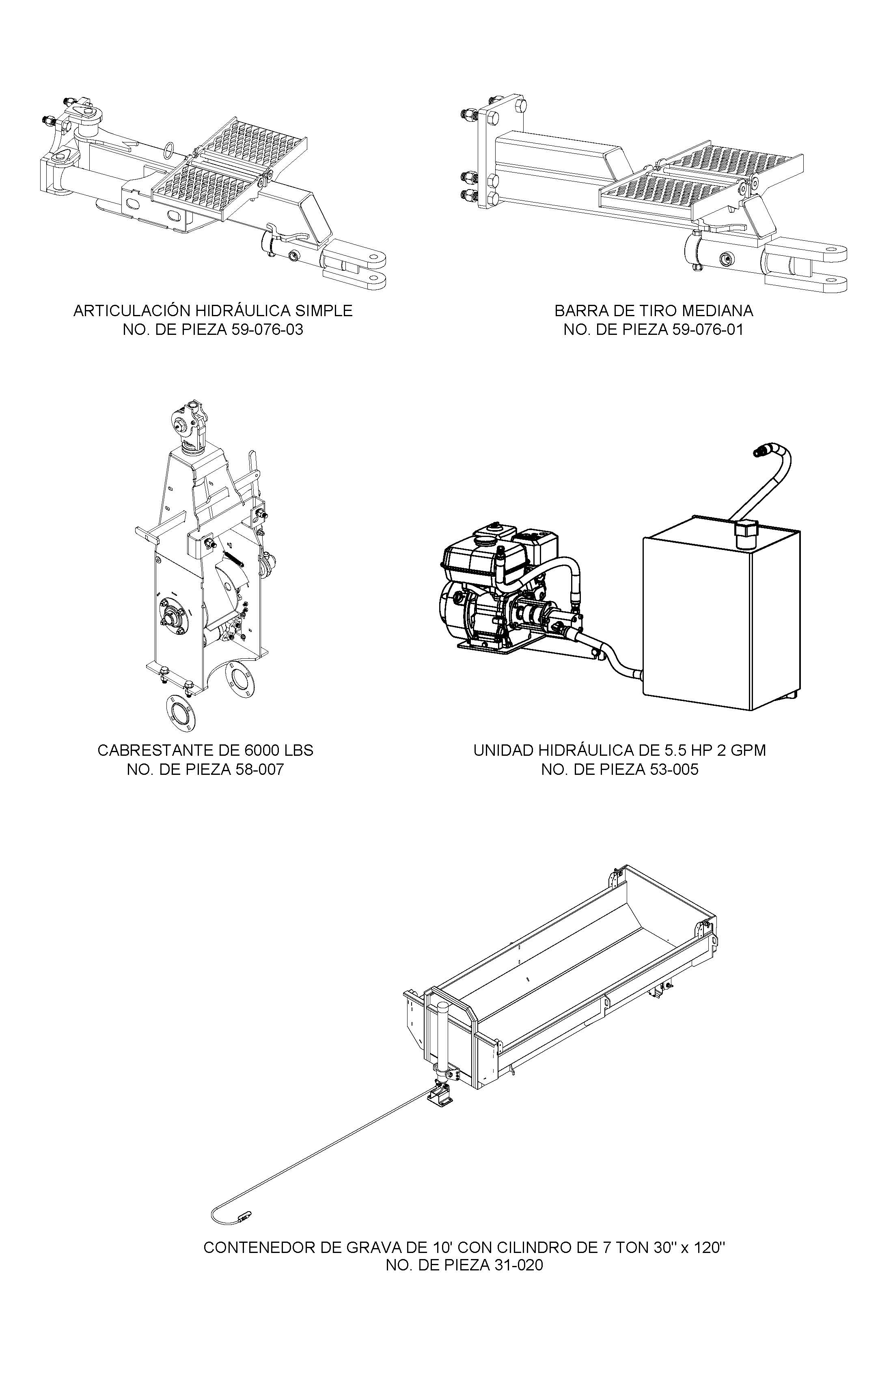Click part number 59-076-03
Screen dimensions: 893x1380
click(x=267, y=330)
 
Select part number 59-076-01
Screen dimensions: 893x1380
click(x=707, y=330)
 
